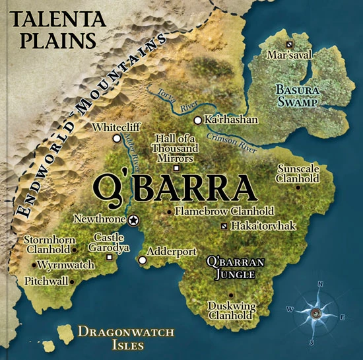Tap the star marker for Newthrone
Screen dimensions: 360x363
(x=134, y=219)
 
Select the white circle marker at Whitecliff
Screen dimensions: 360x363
(x=117, y=138)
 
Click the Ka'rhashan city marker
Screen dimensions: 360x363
(x=197, y=120)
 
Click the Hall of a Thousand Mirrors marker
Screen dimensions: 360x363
(x=175, y=168)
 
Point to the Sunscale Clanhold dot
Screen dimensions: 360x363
(x=299, y=187)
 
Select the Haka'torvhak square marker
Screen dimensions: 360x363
(x=224, y=227)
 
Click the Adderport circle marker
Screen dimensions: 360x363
(x=142, y=260)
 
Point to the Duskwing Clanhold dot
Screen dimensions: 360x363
(x=230, y=295)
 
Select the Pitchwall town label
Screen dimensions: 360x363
(x=46, y=281)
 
